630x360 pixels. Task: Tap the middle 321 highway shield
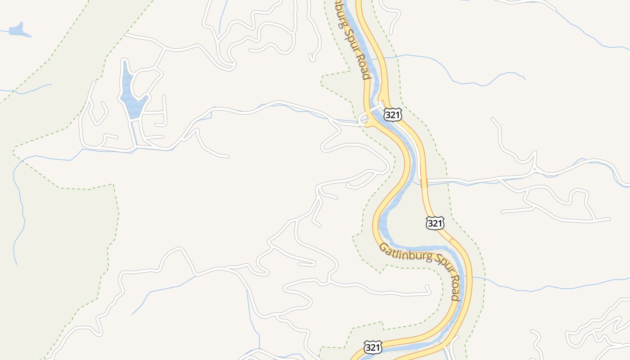(x=435, y=223)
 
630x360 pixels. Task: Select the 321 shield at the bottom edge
(x=373, y=347)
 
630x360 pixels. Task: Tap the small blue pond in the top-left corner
(x=18, y=30)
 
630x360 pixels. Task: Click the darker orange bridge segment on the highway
(x=424, y=183)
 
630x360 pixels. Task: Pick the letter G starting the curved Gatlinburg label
(x=383, y=247)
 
